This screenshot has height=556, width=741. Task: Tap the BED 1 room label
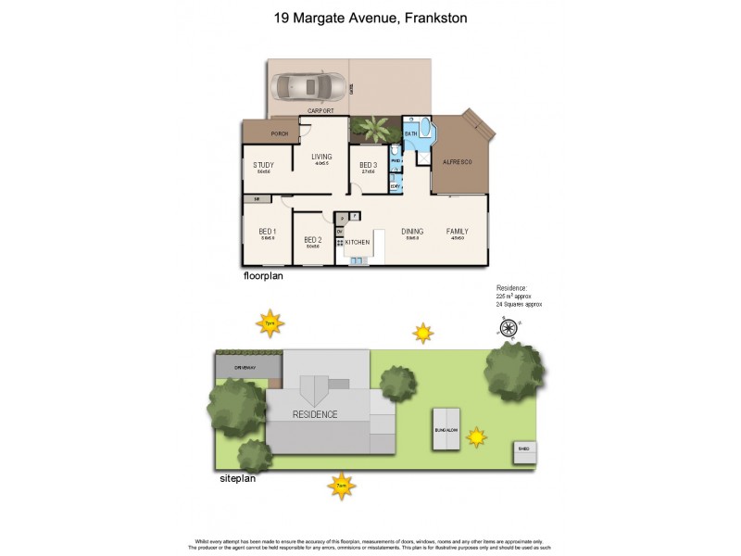[268, 231]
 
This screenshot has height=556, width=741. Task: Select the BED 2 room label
[312, 239]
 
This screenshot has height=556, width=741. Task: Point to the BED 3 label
[368, 165]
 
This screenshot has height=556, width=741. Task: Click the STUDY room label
[264, 165]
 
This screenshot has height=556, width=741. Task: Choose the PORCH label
[280, 134]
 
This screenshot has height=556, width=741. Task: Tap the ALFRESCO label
[457, 161]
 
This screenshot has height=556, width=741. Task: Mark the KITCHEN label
[358, 242]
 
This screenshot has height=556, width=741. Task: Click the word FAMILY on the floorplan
[458, 231]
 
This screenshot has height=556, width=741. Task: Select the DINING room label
[412, 231]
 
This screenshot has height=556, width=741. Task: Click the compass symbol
[508, 327]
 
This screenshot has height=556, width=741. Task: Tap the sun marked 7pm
[270, 323]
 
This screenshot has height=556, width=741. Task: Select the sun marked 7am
[342, 485]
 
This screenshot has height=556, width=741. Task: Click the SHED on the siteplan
[524, 451]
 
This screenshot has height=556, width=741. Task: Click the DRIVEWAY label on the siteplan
[245, 368]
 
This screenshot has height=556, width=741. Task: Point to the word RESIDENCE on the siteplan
[315, 414]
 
